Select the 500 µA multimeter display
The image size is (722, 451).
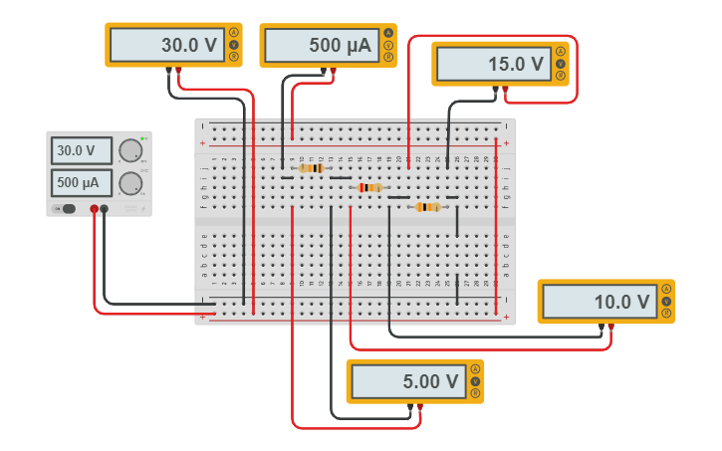pyautogui.click(x=321, y=45)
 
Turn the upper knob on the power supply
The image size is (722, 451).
pyautogui.click(x=129, y=151)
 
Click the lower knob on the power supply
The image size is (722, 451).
pyautogui.click(x=129, y=183)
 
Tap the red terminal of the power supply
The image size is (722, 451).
pyautogui.click(x=95, y=208)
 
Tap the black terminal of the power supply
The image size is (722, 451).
pyautogui.click(x=105, y=208)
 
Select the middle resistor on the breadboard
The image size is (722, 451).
pyautogui.click(x=369, y=187)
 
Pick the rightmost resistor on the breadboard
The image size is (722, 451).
pyautogui.click(x=428, y=207)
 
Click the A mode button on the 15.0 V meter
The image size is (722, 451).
pyautogui.click(x=561, y=52)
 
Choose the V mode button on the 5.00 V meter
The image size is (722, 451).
pyautogui.click(x=475, y=381)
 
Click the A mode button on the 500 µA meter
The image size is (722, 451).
pyautogui.click(x=388, y=33)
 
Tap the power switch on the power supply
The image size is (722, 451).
pyautogui.click(x=68, y=208)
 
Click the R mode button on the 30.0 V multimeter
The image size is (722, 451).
pyautogui.click(x=234, y=57)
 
